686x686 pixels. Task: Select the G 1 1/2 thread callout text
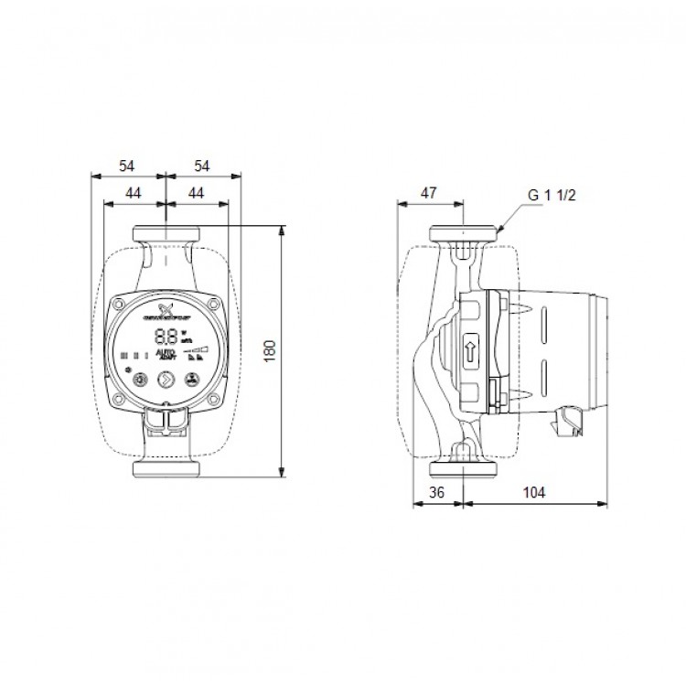point(552,196)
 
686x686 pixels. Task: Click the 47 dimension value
point(428,192)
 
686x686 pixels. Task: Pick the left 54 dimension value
point(126,166)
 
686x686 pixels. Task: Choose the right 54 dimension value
point(202,166)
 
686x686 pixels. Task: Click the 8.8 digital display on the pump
point(166,335)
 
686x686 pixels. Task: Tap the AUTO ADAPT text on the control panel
point(167,354)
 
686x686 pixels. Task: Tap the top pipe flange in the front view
point(165,233)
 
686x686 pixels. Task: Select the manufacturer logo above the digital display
point(166,311)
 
